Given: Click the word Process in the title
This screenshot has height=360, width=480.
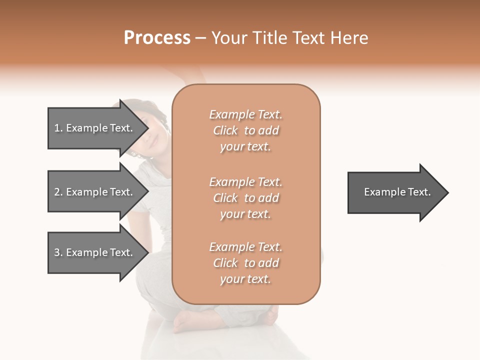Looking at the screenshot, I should tap(157, 38).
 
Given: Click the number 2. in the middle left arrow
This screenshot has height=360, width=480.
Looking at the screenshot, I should tap(58, 192).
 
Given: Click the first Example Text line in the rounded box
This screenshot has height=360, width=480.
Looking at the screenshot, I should tap(245, 114).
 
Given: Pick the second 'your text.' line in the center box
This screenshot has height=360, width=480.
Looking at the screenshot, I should tap(245, 214).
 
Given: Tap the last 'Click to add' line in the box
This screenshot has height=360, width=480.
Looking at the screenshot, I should tap(245, 263).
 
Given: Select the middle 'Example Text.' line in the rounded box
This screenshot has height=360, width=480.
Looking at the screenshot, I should tap(245, 181).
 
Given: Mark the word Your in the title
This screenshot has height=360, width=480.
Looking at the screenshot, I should tap(230, 38).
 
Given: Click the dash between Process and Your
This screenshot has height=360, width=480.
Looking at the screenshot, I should tap(200, 38).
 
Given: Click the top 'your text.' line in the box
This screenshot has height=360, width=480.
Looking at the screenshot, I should tap(245, 147).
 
